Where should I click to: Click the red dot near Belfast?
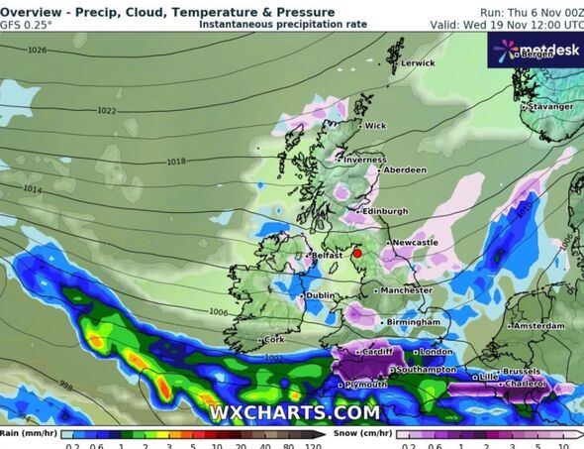coord(357,254)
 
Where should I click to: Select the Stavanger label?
coord(549,106)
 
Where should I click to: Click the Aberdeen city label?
coord(404,170)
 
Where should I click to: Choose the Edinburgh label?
coord(385,211)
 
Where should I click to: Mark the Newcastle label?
coord(415,242)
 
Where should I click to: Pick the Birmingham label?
coord(414,322)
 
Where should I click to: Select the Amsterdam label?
coord(540,325)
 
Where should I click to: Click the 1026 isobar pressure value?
coord(38,50)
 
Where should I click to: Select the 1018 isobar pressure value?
coord(176,161)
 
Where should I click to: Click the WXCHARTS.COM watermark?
coord(294,411)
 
